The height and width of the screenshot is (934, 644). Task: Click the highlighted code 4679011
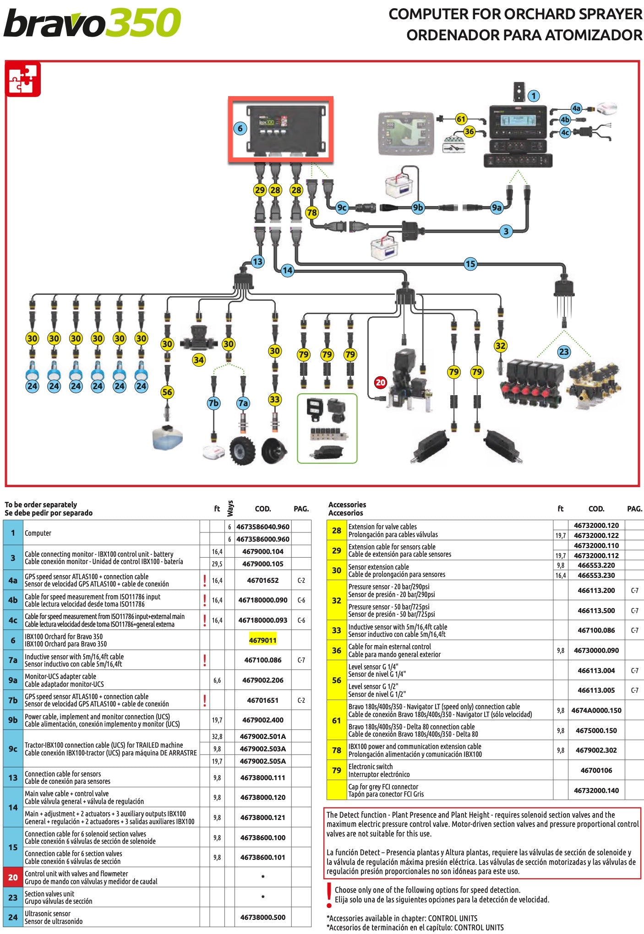click(262, 640)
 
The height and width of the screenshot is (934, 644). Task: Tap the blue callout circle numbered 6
click(240, 129)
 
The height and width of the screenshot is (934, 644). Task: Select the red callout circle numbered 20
click(381, 382)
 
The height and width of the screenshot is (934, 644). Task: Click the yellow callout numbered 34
click(198, 360)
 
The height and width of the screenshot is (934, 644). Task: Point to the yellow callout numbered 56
click(167, 392)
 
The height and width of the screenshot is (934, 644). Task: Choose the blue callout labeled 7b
click(213, 403)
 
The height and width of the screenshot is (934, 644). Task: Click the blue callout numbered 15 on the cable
click(470, 264)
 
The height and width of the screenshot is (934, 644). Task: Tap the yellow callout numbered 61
click(461, 119)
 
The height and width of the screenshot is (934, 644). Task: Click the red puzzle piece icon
click(23, 79)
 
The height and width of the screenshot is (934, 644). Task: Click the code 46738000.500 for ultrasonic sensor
click(262, 917)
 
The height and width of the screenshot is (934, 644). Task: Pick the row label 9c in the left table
click(13, 749)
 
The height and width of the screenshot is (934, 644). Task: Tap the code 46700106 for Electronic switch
click(596, 770)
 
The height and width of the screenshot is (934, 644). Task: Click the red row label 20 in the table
click(13, 877)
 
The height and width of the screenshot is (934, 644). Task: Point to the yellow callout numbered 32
click(501, 346)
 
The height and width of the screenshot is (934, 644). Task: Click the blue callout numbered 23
click(564, 352)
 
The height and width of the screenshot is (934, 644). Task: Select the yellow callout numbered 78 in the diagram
click(312, 212)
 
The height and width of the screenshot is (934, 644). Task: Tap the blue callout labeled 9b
click(418, 207)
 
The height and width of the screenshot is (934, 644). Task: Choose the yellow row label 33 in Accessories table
click(337, 630)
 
